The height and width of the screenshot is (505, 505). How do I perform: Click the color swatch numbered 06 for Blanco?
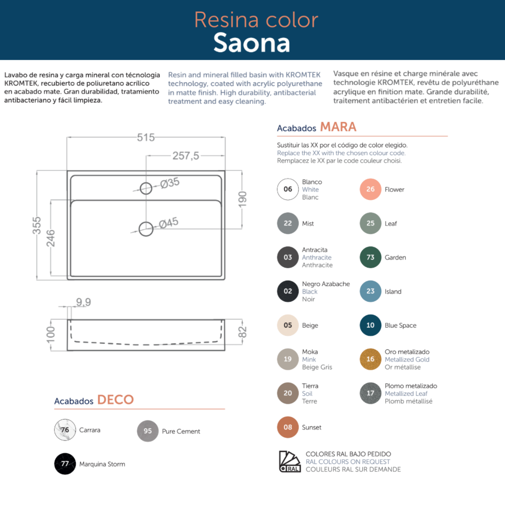click(x=288, y=189)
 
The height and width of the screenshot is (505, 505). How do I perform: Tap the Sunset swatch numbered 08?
click(x=288, y=427)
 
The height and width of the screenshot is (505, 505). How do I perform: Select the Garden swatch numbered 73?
click(x=370, y=257)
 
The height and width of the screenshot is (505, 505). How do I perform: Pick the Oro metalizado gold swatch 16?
click(x=370, y=359)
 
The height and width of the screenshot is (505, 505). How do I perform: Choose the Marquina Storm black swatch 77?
click(x=65, y=464)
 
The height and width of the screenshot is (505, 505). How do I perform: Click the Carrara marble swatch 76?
click(x=65, y=430)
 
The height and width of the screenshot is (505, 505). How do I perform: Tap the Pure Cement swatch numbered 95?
click(x=148, y=431)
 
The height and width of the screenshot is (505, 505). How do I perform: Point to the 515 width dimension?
click(x=146, y=138)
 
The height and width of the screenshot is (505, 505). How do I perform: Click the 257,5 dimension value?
click(x=186, y=156)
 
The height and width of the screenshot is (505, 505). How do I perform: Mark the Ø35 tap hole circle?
click(x=146, y=188)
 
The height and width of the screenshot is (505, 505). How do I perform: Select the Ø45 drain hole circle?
click(x=146, y=229)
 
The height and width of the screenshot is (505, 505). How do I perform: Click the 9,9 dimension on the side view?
click(x=83, y=302)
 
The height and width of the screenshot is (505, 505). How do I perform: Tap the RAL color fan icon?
click(x=290, y=461)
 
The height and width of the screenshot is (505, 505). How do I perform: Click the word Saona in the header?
click(x=252, y=43)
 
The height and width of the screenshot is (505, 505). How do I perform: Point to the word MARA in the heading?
click(x=338, y=127)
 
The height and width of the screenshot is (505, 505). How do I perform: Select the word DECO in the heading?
click(x=115, y=399)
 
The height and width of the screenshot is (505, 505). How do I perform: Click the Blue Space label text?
click(x=400, y=325)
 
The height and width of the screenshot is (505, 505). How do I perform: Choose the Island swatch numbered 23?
click(x=370, y=291)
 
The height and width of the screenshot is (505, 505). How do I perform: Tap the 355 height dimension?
click(x=37, y=226)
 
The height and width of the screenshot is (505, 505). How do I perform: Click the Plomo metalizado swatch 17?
click(x=370, y=393)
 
